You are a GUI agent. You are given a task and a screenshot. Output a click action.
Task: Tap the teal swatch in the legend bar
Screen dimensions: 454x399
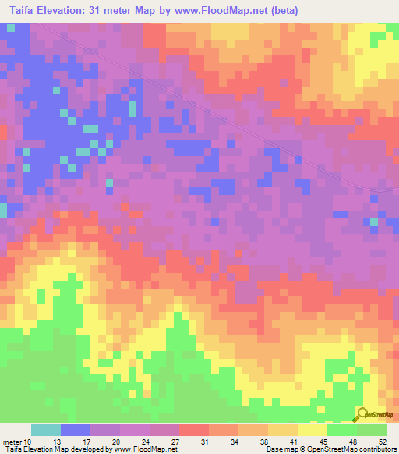46,430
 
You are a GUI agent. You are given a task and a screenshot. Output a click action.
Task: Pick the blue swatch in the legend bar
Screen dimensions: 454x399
76,430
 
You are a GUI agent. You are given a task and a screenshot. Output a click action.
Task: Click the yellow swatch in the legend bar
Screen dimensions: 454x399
312,430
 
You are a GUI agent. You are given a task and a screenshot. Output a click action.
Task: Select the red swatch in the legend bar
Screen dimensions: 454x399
194,430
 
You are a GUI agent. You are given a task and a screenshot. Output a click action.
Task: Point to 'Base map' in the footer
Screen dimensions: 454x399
278,449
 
